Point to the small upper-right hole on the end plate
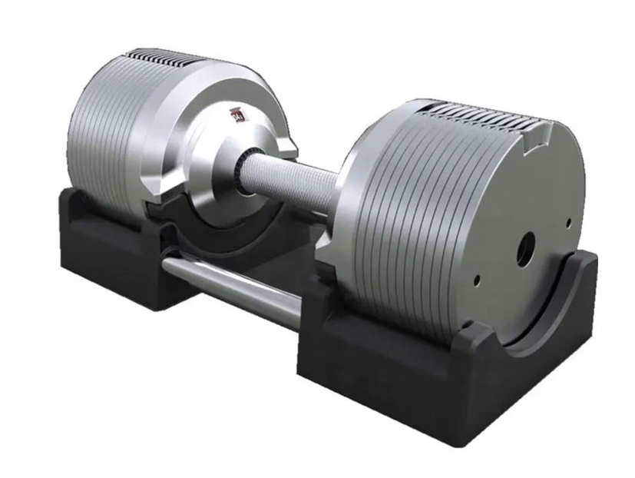tap(568, 224)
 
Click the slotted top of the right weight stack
tap(476, 115)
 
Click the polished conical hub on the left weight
tap(223, 154)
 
